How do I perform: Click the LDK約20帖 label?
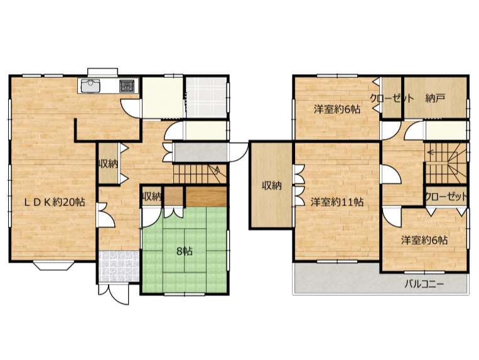(55, 202)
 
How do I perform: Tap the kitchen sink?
(90, 85)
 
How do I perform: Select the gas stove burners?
(126, 85)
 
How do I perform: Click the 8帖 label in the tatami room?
(185, 251)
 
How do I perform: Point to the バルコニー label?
(424, 284)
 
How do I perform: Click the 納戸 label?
(435, 98)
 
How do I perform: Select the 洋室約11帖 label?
(337, 202)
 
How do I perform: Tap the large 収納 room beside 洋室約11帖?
(272, 185)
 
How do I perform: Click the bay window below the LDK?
(54, 265)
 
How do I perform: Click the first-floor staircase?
(200, 174)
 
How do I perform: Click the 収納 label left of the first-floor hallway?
(108, 165)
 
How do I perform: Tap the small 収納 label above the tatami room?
(151, 197)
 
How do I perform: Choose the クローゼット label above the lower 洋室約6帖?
(446, 197)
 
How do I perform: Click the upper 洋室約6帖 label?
(337, 109)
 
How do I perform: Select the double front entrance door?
(114, 294)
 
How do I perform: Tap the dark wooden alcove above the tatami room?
(206, 197)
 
